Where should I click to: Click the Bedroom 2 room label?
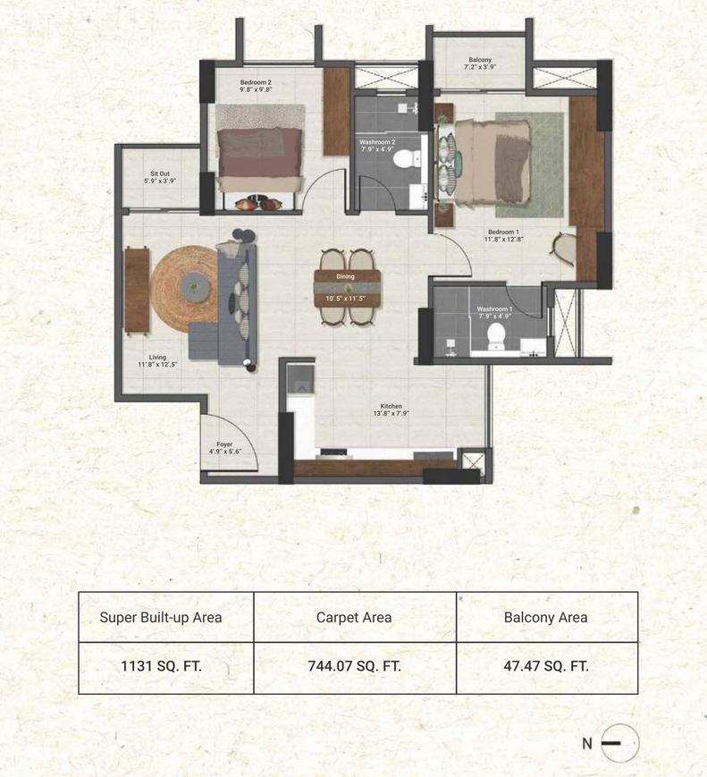[x=256, y=82]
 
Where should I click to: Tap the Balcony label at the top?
[x=480, y=60]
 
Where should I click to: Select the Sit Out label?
[x=160, y=173]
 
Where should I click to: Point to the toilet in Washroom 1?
[x=496, y=335]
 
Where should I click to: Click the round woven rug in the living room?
[x=184, y=289]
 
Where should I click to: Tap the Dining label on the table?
[x=345, y=276]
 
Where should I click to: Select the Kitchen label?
[x=391, y=406]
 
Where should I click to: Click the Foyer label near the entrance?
[x=224, y=444]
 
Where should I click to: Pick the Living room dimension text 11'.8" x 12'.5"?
[x=157, y=364]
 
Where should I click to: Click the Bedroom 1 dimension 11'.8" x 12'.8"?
[x=504, y=239]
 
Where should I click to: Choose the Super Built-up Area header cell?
[x=166, y=617]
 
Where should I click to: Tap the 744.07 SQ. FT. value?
[x=354, y=665]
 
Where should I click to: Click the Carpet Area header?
[x=354, y=618]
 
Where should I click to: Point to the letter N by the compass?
[x=587, y=743]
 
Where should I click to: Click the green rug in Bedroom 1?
[x=530, y=165]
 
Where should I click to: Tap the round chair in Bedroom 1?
[x=563, y=249]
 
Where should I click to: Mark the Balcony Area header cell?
[x=546, y=617]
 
